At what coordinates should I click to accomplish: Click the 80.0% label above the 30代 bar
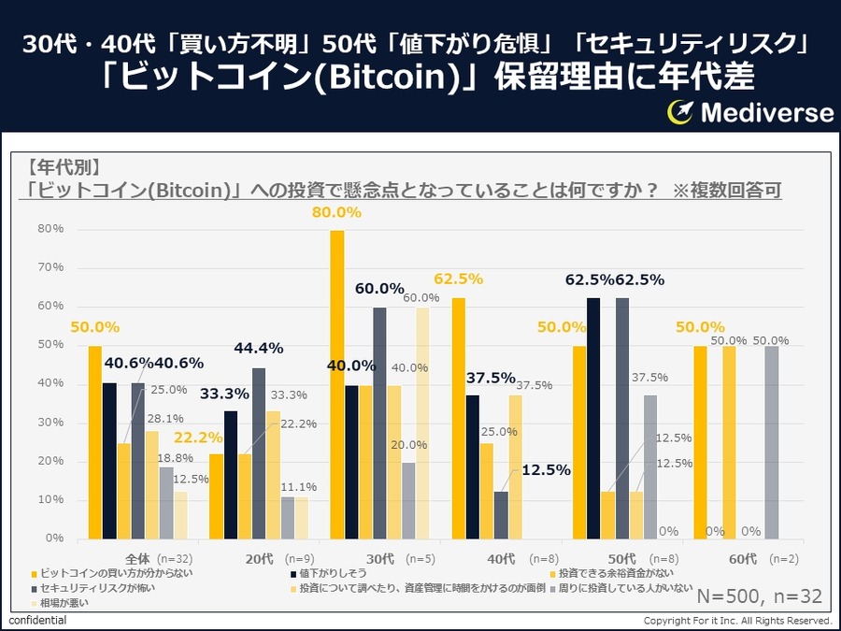336,212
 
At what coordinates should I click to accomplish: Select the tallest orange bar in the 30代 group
336,383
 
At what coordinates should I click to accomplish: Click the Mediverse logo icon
679,112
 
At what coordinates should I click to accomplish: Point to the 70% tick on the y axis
50,267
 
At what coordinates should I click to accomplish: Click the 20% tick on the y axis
50,461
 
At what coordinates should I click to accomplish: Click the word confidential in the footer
36,621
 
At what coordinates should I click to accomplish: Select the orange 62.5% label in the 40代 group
458,278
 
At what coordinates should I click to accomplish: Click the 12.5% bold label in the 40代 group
545,470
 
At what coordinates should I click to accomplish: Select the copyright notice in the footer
737,621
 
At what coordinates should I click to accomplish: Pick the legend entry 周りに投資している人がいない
624,588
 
